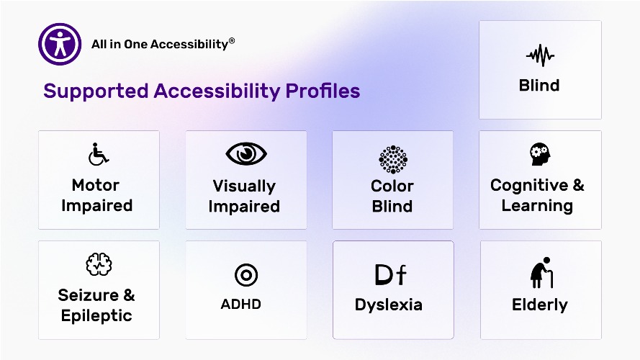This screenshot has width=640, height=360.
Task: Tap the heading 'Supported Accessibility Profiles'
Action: pyautogui.click(x=202, y=91)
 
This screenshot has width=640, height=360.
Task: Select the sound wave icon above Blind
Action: pyautogui.click(x=539, y=55)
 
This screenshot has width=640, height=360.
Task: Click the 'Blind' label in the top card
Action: pyautogui.click(x=539, y=86)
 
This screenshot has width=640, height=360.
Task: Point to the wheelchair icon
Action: pyautogui.click(x=99, y=153)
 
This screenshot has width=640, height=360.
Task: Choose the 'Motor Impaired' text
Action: pyautogui.click(x=96, y=195)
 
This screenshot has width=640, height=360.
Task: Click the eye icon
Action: pyautogui.click(x=246, y=153)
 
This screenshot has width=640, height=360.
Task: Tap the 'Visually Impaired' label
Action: pyautogui.click(x=244, y=196)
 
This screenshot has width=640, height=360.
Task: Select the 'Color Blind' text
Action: pyautogui.click(x=392, y=196)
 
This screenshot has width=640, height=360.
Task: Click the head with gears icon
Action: pyautogui.click(x=538, y=154)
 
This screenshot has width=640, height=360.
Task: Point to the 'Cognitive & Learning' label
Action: pyautogui.click(x=537, y=195)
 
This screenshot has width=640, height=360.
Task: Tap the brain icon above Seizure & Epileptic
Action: pyautogui.click(x=98, y=264)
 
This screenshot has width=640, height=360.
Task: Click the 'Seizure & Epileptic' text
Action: pyautogui.click(x=96, y=305)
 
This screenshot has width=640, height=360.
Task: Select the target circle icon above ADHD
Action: pyautogui.click(x=246, y=274)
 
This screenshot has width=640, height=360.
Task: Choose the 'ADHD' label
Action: pyautogui.click(x=240, y=304)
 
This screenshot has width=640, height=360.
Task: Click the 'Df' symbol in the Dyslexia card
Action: pyautogui.click(x=391, y=274)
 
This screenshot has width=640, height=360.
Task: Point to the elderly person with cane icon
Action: pyautogui.click(x=541, y=273)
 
